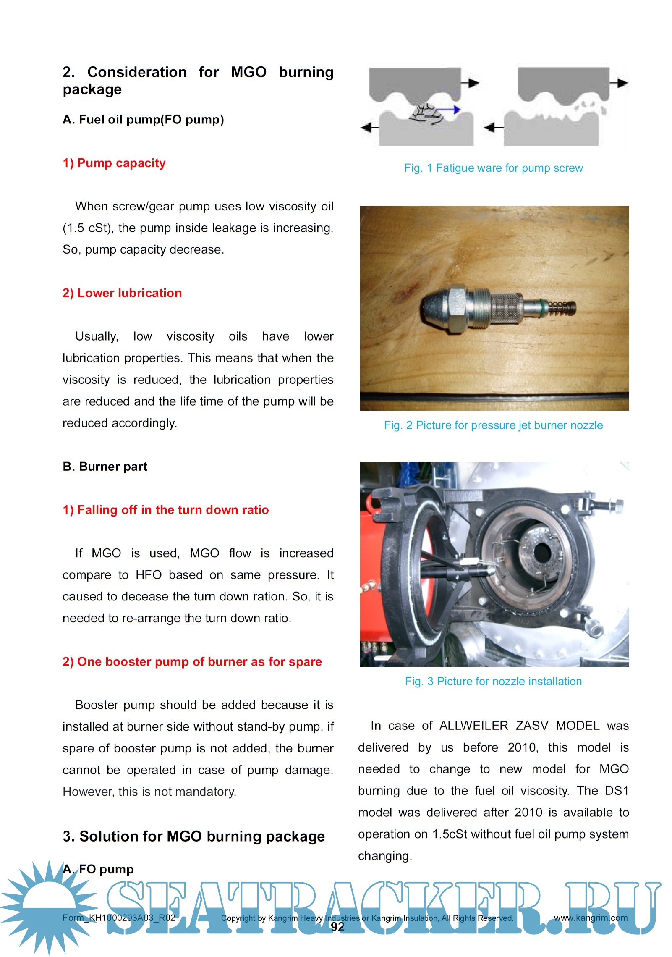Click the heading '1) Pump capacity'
coord(114,163)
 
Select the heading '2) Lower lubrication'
coord(122,293)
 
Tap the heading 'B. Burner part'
coord(105,467)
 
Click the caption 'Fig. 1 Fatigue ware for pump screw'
coord(493,168)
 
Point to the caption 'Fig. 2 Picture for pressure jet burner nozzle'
coord(493,425)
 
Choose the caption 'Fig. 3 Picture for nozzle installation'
coord(493,681)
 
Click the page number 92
coord(337,927)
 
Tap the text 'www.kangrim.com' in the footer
coord(591,918)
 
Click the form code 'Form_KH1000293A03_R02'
coord(119,918)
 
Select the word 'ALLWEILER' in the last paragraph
coord(473,726)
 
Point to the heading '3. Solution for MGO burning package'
coord(193,836)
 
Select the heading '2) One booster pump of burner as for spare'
coord(192,662)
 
